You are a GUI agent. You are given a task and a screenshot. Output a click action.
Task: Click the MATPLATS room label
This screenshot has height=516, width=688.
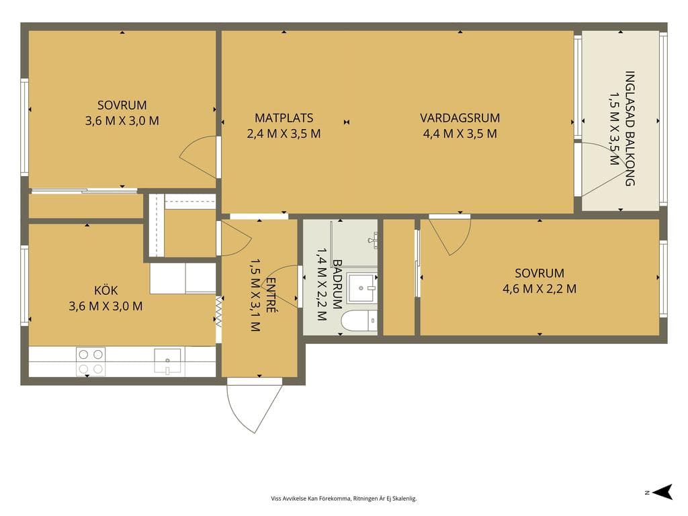click(x=284, y=118)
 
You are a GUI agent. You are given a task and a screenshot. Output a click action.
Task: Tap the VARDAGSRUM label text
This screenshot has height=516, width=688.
click(x=460, y=118)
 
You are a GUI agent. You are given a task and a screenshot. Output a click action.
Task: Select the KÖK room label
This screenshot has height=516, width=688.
click(x=105, y=290)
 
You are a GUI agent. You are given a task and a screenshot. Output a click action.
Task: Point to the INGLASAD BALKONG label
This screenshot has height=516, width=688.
click(x=630, y=128)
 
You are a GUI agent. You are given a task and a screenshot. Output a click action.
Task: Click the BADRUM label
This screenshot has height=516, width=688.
click(x=337, y=284)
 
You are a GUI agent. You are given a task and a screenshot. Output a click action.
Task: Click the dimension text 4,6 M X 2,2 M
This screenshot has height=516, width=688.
click(x=540, y=289)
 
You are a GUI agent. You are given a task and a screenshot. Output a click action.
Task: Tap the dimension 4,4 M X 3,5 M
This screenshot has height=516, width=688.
click(x=460, y=134)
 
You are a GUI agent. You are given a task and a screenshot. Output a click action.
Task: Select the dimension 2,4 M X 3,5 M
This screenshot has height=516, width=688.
click(x=284, y=134)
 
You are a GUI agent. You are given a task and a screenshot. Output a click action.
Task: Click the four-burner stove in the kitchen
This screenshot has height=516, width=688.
click(x=91, y=361)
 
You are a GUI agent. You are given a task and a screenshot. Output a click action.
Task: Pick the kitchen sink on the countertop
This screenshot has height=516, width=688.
click(x=167, y=361)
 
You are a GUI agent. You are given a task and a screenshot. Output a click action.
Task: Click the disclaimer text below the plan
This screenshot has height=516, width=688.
click(x=343, y=499)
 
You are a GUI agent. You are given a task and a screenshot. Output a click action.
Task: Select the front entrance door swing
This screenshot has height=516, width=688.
click(x=254, y=406)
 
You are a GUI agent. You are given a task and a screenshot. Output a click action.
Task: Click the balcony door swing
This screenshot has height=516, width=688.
click(x=600, y=168)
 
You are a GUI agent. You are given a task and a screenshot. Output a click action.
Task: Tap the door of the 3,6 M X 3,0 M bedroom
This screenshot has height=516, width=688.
click(x=198, y=157)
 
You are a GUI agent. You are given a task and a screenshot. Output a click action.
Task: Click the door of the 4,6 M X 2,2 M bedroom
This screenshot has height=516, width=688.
click(x=449, y=236)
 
